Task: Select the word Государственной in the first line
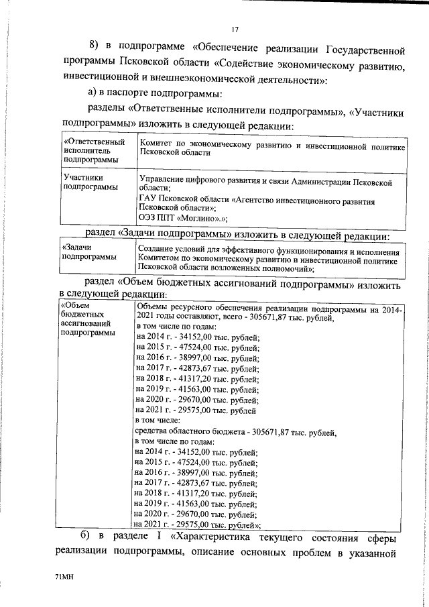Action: pos(356,50)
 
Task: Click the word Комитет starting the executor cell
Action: pos(156,146)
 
